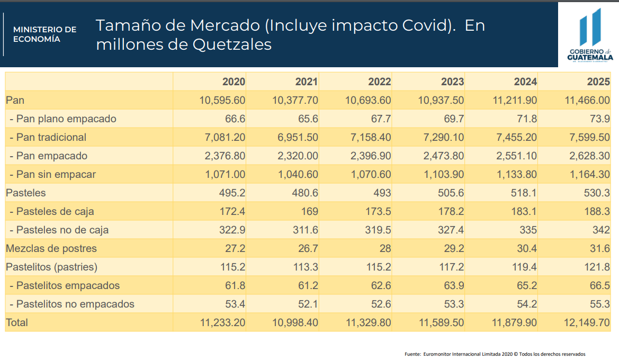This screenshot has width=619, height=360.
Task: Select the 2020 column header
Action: click(x=234, y=82)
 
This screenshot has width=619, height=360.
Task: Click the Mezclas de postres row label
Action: click(x=51, y=248)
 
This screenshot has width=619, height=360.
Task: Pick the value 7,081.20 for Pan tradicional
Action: click(x=225, y=137)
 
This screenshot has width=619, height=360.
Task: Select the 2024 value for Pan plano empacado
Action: click(x=526, y=119)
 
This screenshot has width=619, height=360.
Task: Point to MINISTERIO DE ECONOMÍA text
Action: click(x=44, y=34)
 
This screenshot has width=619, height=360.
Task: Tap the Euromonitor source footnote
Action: click(x=495, y=354)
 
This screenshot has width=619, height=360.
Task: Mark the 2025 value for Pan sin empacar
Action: click(x=587, y=174)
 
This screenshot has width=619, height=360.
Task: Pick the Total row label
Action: click(x=17, y=322)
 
